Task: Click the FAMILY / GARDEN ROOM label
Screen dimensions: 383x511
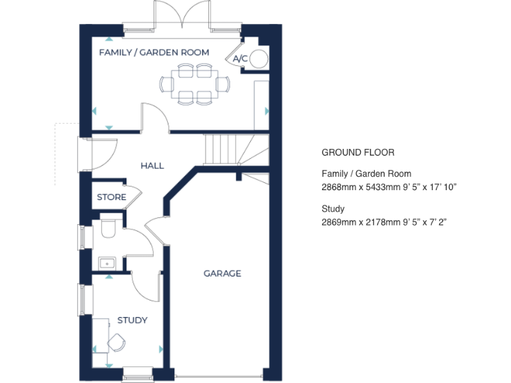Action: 154,52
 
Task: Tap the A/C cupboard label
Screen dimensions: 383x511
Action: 240,59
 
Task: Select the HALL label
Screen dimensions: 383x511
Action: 152,166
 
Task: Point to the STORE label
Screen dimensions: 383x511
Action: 111,197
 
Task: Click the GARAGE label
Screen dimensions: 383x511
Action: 222,273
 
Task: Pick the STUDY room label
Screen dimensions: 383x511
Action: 132,320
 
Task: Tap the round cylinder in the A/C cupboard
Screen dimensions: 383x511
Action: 259,59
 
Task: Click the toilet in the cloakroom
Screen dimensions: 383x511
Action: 108,230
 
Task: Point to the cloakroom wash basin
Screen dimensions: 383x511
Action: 106,263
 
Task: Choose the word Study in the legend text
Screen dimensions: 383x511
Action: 333,209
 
